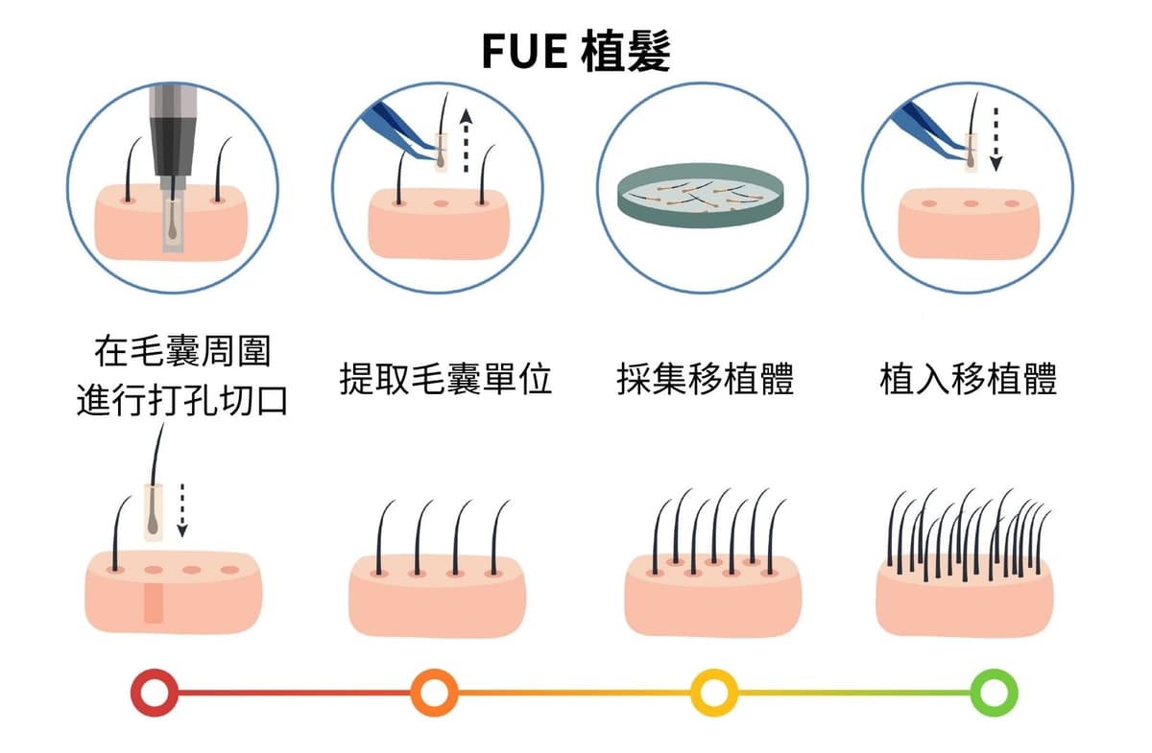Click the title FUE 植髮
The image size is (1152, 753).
576,53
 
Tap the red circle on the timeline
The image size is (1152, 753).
155,692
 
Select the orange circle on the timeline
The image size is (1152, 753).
434,692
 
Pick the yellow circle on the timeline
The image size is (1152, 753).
713,692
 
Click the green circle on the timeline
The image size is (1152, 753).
994,692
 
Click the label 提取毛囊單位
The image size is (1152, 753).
446,380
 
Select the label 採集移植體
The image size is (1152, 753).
706,380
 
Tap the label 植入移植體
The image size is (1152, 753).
969,380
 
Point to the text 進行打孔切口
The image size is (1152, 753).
182,401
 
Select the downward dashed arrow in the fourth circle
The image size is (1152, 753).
996,137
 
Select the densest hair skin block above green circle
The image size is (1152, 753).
964,595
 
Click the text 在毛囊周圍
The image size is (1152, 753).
182,351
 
